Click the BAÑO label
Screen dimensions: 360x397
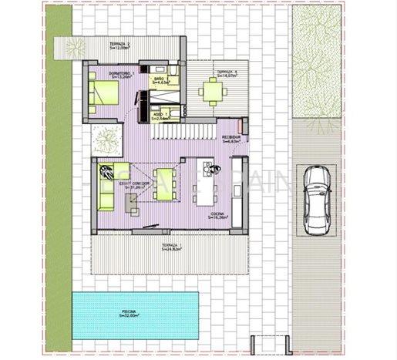158,79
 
